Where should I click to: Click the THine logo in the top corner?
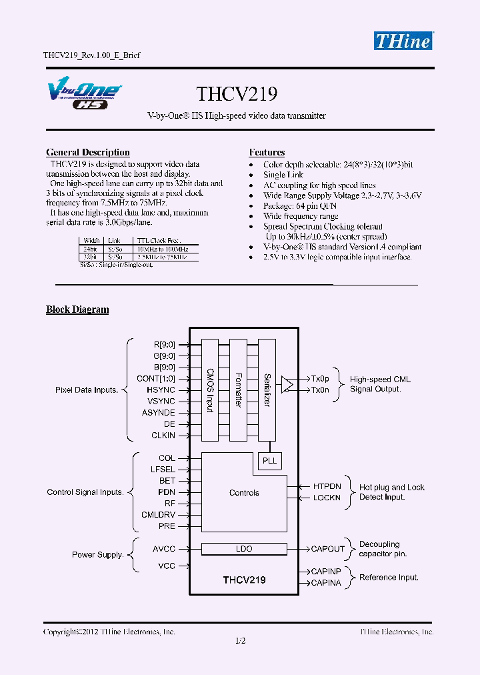(x=403, y=40)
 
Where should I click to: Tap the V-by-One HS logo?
(x=83, y=94)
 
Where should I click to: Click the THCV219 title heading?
(x=237, y=93)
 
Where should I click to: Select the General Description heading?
(x=87, y=153)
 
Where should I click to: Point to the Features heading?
(x=267, y=153)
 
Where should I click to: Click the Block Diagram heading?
(x=77, y=309)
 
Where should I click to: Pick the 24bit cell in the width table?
(x=91, y=248)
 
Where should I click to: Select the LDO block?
(x=244, y=549)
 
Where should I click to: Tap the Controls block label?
(x=244, y=493)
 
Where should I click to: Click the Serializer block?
(x=267, y=390)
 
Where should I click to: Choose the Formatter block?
(x=238, y=390)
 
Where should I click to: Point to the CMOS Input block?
(x=209, y=390)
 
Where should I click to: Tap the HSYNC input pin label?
(x=161, y=390)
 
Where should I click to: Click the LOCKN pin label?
(x=327, y=498)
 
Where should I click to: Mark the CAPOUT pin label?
(x=328, y=549)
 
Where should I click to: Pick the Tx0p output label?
(x=320, y=378)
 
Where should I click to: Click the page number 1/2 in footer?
(x=240, y=641)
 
